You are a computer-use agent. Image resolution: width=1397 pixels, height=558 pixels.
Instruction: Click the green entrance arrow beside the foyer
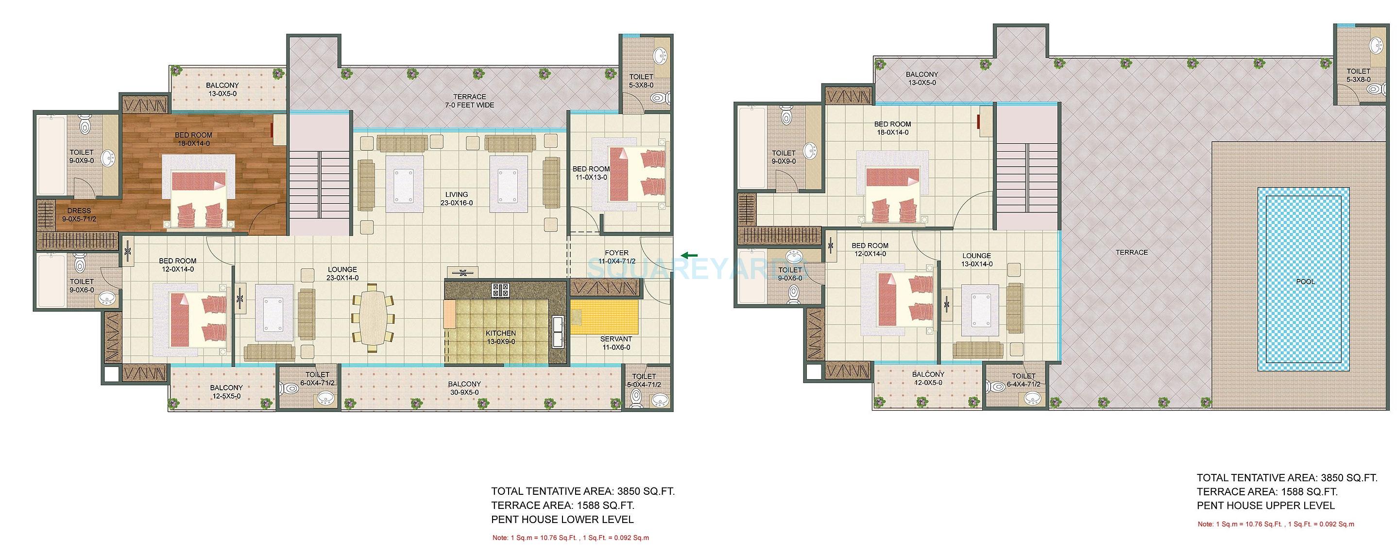(x=689, y=255)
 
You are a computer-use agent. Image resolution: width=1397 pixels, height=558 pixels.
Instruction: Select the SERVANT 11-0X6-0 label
(x=615, y=343)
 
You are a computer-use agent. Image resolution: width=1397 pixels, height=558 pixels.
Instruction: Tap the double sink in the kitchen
(x=558, y=331)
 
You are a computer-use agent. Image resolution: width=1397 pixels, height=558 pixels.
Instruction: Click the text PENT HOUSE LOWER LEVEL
(x=562, y=520)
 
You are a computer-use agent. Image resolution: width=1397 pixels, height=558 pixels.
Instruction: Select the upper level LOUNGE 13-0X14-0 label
(x=976, y=260)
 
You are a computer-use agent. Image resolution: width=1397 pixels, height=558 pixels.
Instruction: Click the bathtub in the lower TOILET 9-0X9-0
(x=51, y=155)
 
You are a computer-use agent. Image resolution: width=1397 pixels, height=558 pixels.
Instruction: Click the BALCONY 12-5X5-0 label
(x=226, y=391)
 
